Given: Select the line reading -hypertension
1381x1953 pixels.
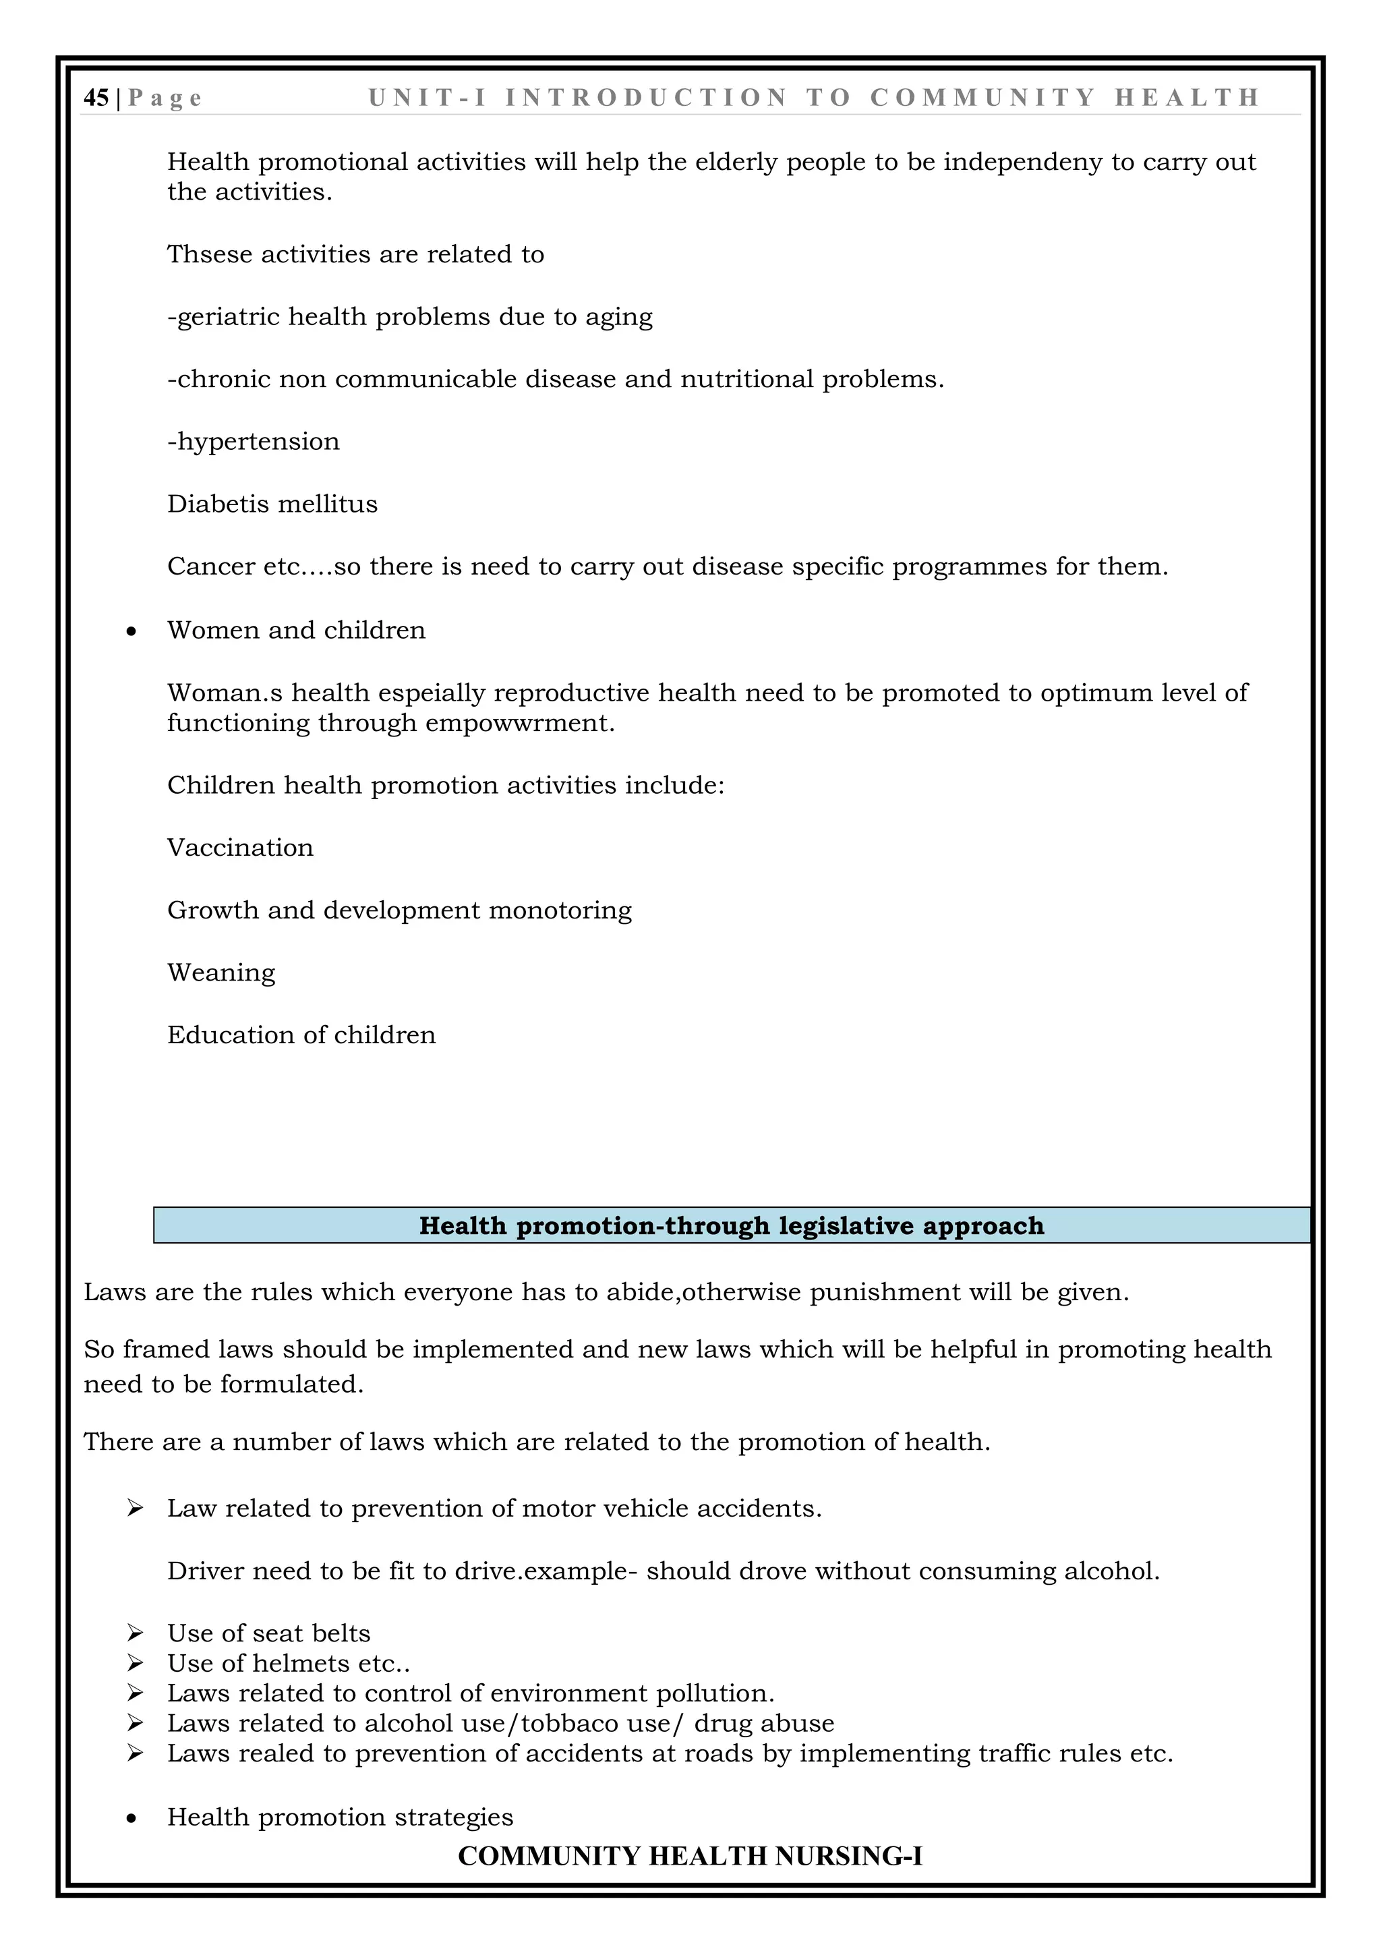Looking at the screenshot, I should pos(254,442).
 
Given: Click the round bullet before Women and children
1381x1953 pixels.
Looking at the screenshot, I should pos(131,631).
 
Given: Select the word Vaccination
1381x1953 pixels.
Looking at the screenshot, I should pos(240,848).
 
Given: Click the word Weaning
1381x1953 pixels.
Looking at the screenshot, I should pos(221,973).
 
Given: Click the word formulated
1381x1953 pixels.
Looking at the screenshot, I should pos(292,1384).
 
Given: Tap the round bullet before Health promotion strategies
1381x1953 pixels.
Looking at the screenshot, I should pos(131,1819).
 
